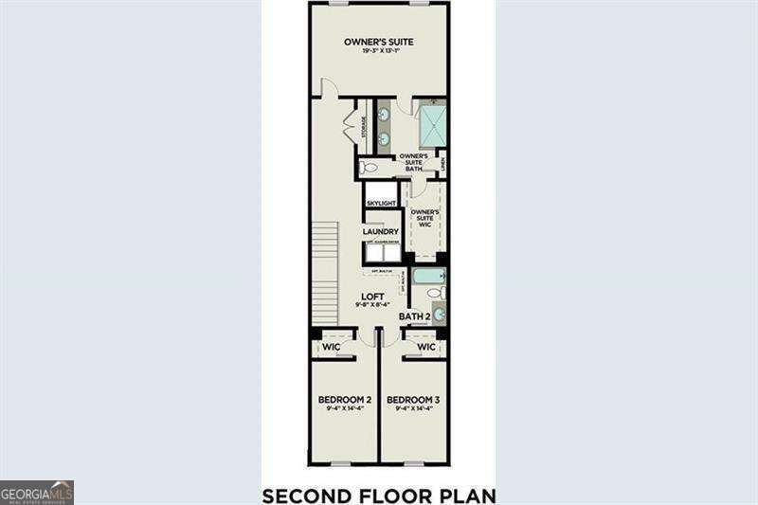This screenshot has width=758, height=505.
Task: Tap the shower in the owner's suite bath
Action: (432, 126)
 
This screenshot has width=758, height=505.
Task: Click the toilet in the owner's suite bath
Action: (369, 167)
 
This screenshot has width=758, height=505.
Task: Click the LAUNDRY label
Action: (380, 231)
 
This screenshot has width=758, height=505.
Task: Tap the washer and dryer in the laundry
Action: (383, 252)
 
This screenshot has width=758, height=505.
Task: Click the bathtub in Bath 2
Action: (429, 277)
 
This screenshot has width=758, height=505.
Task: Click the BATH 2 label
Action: (414, 316)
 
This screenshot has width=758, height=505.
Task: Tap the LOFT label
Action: (373, 297)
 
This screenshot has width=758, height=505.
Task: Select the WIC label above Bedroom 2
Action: (331, 347)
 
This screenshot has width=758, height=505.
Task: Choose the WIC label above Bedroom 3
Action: (426, 347)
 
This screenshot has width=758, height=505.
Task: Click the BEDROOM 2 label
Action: (343, 400)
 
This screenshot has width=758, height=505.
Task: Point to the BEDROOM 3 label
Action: (414, 400)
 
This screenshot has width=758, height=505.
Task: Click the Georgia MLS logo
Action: (37, 493)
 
